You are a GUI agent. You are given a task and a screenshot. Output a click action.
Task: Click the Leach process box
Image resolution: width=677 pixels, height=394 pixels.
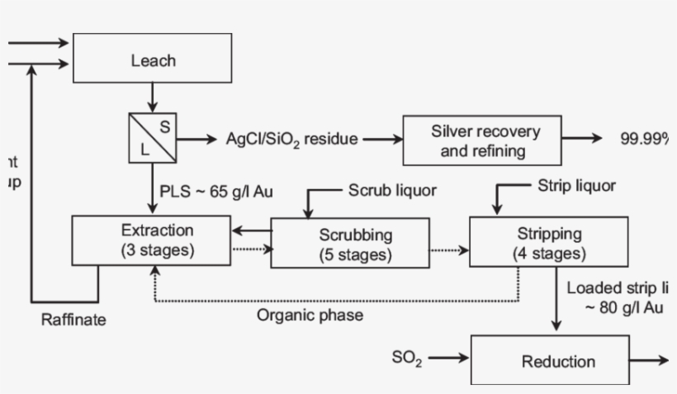click(x=153, y=60)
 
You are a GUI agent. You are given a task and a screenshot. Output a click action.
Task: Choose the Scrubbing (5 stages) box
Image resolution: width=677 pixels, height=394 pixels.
click(x=349, y=244)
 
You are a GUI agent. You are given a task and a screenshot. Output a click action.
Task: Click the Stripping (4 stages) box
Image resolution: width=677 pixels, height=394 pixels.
click(x=549, y=243)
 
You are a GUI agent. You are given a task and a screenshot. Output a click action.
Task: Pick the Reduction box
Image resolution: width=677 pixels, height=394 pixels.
click(x=557, y=361)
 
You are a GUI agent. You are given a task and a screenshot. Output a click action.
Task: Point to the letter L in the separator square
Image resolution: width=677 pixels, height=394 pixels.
click(x=144, y=150)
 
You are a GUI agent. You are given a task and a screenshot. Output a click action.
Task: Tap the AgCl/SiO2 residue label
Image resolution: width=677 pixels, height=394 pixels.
click(x=292, y=139)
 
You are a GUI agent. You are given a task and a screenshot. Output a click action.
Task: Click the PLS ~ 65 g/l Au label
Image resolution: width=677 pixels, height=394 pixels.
click(x=216, y=192)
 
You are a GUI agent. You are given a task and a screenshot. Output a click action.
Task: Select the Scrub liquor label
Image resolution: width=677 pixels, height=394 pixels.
click(x=391, y=191)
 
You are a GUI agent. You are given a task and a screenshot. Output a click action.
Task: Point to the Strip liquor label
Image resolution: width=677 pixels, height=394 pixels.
click(x=575, y=186)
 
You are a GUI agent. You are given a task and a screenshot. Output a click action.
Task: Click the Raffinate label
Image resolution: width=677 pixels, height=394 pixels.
click(x=73, y=320)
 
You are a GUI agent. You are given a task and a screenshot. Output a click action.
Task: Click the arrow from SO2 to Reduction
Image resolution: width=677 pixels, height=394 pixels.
click(x=447, y=358)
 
